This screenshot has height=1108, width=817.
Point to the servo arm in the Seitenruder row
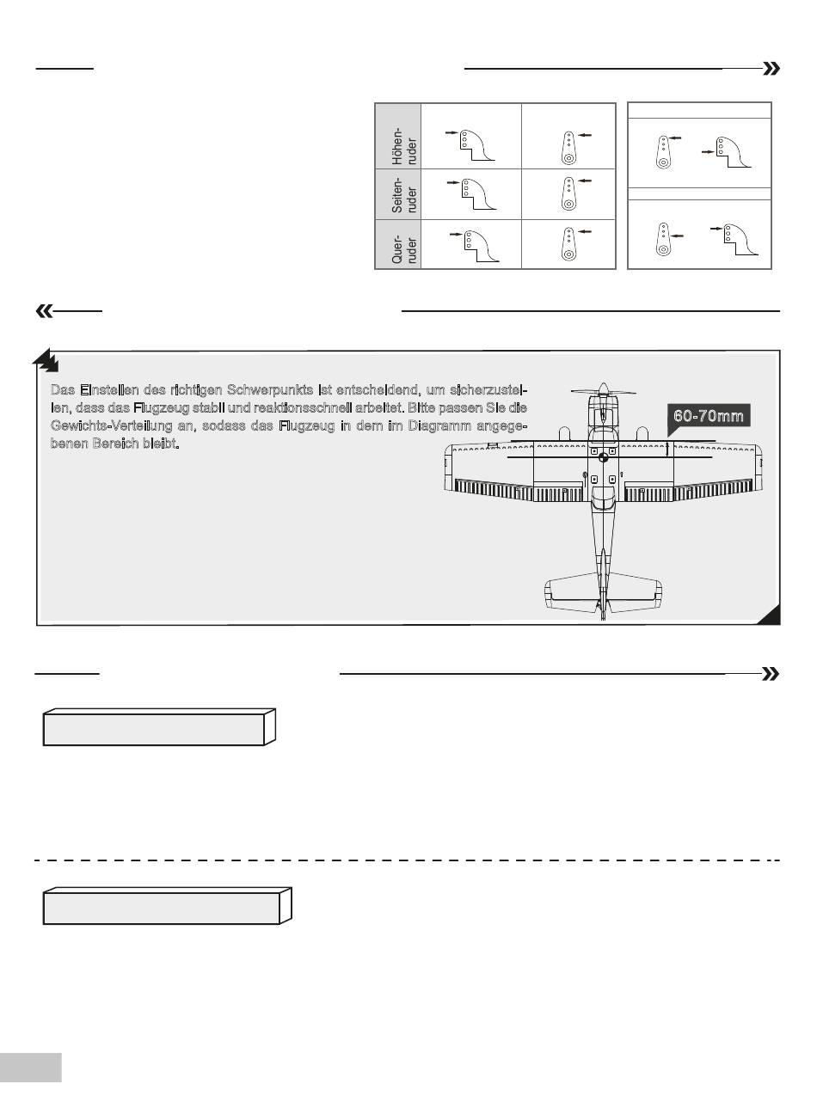click(568, 193)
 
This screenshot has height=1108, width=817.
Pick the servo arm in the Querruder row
click(568, 244)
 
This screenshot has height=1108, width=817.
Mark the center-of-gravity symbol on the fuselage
click(603, 458)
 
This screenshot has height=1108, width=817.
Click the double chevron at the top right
click(771, 69)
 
